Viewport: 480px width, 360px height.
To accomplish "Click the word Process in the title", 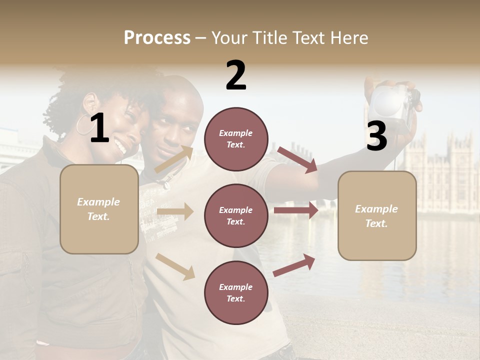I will (157, 38).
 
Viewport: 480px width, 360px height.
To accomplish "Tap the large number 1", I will (99, 128).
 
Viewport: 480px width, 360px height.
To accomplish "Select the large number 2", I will (236, 75).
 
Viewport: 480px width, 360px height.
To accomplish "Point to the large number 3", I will (376, 136).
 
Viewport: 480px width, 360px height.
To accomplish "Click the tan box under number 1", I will (99, 209).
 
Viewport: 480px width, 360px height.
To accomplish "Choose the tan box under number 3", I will (377, 216).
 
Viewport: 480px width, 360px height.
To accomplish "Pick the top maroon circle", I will (236, 139).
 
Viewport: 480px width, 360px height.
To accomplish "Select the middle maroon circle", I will (236, 215).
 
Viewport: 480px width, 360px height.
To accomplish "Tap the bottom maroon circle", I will (236, 292).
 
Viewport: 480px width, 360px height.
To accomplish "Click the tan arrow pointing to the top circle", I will (173, 159).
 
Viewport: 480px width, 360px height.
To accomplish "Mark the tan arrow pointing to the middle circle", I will (175, 211).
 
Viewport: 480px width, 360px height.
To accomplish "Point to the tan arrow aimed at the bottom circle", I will (175, 266).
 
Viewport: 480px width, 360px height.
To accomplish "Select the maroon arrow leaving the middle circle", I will (296, 210).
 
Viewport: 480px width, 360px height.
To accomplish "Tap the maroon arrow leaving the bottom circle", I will (294, 265).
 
